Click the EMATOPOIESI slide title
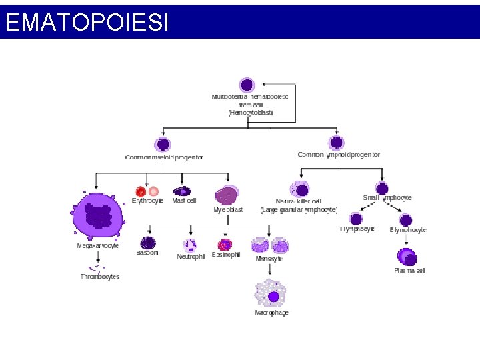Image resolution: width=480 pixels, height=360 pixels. pos(86,23)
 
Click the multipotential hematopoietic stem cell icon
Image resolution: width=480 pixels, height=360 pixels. pos(247,85)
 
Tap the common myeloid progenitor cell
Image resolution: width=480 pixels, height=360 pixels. pos(163,144)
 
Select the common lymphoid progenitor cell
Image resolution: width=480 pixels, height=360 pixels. pos(337,143)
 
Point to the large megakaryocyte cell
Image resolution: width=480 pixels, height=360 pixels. pos(98,216)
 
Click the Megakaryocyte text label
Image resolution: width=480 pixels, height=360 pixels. pos(98,245)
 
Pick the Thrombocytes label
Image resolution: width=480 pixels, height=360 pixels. pos(100,277)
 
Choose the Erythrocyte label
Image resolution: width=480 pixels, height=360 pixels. pos(147,201)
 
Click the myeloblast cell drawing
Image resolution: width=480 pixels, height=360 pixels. pos(227,195)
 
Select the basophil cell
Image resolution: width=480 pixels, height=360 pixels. pos(148,243)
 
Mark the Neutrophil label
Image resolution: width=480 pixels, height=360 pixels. pos(191,257)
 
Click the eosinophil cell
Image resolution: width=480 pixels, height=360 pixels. pos(225,245)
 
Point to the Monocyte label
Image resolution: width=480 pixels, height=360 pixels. pos(269,258)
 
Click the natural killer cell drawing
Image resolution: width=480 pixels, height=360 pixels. pos(299,189)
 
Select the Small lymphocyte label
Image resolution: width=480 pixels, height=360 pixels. pos(387,198)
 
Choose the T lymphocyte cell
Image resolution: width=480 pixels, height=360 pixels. pos(357,219)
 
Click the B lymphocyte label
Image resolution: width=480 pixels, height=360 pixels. pos(408,230)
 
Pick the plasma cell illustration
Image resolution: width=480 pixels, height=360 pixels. pos(407,257)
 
